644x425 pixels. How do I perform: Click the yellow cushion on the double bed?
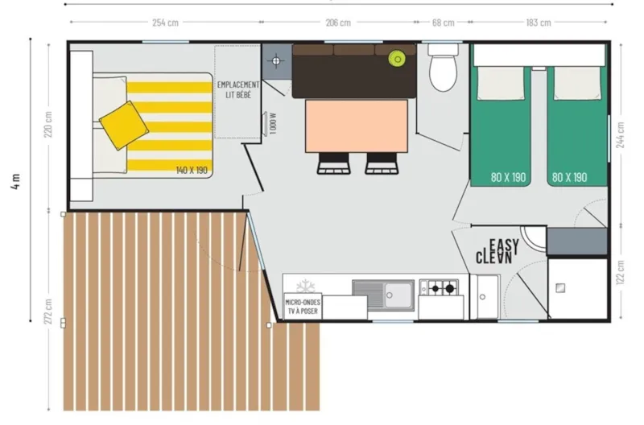click(x=124, y=125)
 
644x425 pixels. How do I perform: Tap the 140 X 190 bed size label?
click(x=192, y=170)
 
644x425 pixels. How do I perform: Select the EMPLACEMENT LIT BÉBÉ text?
click(x=238, y=89)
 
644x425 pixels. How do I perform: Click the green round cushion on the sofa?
click(x=396, y=58)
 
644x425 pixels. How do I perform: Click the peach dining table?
click(x=357, y=125)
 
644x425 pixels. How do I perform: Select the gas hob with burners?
click(x=439, y=287)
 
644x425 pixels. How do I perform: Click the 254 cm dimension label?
click(x=165, y=23)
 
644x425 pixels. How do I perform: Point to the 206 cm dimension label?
click(x=338, y=23)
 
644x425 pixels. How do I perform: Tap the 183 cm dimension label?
click(x=538, y=23)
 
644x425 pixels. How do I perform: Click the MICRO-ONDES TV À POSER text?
click(x=303, y=306)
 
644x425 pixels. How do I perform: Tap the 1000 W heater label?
click(x=274, y=124)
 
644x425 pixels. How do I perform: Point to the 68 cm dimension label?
click(x=443, y=23)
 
